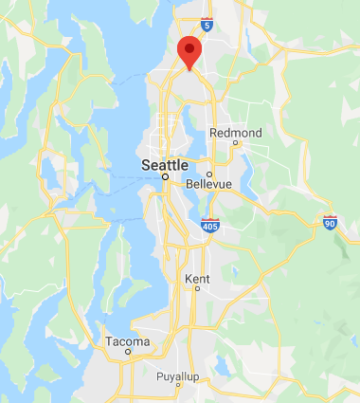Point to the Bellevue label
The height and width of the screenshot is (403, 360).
(x=209, y=184)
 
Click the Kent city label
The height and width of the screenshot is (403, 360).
(x=198, y=278)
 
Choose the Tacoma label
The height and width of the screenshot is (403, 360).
(x=127, y=341)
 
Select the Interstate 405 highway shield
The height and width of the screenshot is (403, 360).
(x=210, y=226)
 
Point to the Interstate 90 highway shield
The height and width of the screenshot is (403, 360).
(x=329, y=223)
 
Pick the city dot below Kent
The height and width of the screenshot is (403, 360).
(x=197, y=288)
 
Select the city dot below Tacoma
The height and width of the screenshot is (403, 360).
(x=127, y=353)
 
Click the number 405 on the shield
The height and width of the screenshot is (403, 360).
(x=210, y=227)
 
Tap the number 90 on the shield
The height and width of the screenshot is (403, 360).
(x=329, y=224)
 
